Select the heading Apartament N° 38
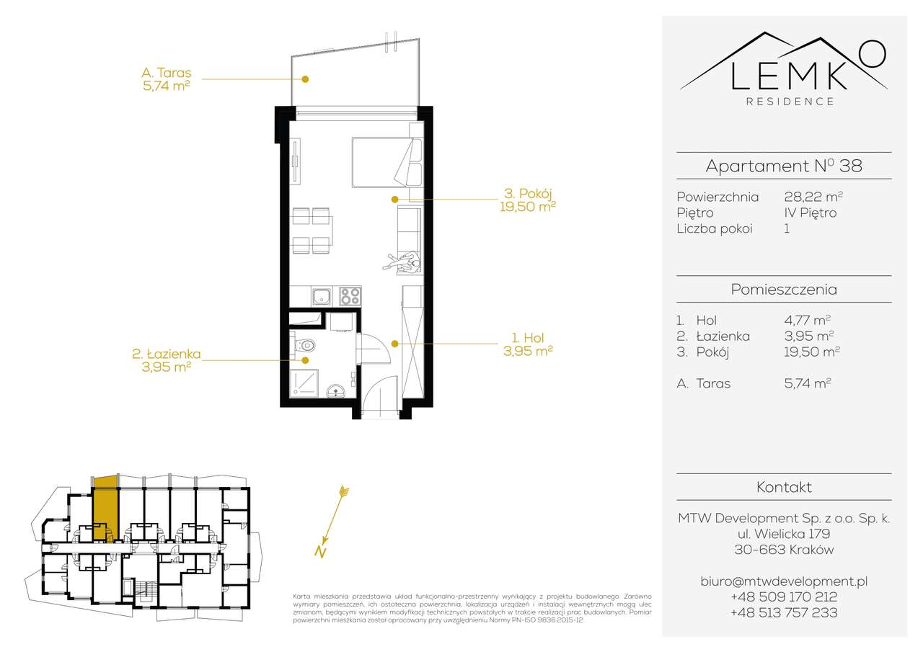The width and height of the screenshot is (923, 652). pos(783,166)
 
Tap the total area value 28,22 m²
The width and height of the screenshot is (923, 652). pos(813,197)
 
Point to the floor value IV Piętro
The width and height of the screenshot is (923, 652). pos(810,213)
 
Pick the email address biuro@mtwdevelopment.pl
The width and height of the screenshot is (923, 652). pos(783,581)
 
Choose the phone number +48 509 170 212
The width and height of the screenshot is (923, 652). pos(783,597)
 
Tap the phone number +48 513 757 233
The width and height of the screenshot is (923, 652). pos(783,612)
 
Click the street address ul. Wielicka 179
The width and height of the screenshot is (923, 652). pos(783,534)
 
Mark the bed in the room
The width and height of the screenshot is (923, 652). pos(386,161)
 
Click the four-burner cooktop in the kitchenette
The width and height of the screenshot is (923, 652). pos(350,296)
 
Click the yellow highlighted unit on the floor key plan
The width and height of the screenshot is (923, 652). pos(106,507)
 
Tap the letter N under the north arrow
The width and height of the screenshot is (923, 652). pos(319,552)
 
